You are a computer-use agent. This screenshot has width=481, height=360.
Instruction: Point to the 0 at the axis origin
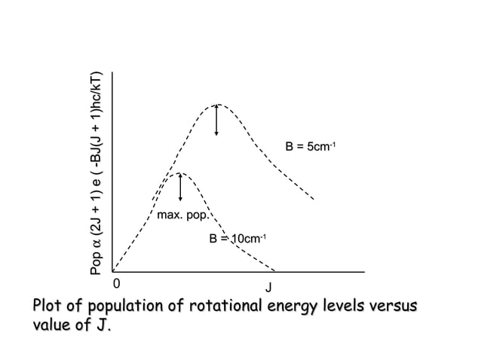(x=115, y=284)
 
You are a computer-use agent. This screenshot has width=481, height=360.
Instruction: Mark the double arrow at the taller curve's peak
(x=217, y=121)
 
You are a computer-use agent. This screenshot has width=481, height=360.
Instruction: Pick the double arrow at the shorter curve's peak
(x=180, y=188)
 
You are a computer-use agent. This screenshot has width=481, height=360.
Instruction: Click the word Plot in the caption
(x=47, y=309)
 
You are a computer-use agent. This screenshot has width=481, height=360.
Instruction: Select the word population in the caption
(x=124, y=309)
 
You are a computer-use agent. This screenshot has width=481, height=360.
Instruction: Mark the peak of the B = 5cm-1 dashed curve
(x=217, y=104)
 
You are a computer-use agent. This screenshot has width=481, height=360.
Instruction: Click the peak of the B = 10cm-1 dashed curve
(x=180, y=173)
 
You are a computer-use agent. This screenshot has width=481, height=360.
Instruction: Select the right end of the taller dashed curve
(x=314, y=200)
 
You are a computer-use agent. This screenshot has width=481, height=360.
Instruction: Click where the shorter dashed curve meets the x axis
(x=275, y=270)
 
